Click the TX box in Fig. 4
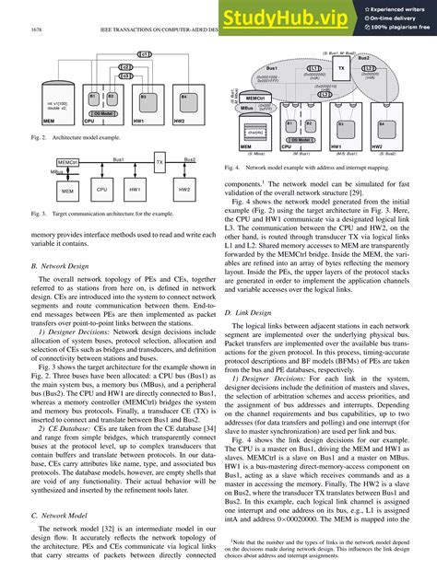tap(341, 68)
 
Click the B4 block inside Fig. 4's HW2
tap(382, 122)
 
